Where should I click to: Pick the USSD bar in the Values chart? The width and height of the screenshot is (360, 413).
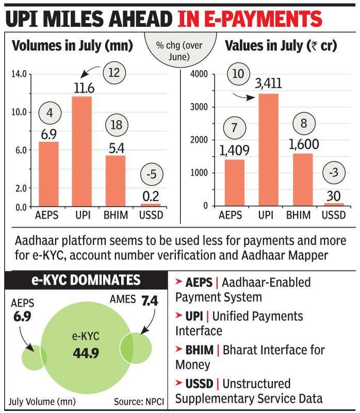[x=333, y=204]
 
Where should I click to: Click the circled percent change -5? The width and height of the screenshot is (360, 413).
[x=151, y=173]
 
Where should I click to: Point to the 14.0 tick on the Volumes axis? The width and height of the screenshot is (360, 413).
[x=19, y=74]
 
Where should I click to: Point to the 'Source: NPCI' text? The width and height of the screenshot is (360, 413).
[x=138, y=401]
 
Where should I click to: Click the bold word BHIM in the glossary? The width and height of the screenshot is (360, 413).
[x=199, y=351]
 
